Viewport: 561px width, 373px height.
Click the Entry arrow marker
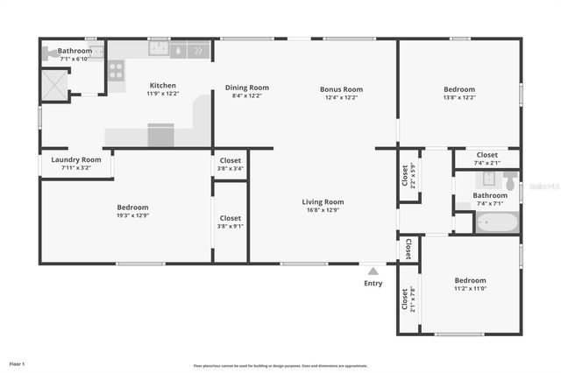coord(373,271)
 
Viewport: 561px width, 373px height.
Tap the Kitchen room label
coord(162,86)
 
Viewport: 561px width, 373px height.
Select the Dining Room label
coord(247,88)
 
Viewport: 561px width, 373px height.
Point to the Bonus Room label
coord(343,89)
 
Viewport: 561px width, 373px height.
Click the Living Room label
coord(323,201)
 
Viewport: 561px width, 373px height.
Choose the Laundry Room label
coord(76,159)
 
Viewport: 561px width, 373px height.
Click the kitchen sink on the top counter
coord(159,50)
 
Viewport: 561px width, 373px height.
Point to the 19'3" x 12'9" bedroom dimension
coord(133,215)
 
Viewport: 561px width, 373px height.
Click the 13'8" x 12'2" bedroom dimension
coord(458,97)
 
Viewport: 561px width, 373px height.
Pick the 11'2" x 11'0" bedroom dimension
coord(470,288)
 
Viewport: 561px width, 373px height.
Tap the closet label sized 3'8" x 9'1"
coord(231,226)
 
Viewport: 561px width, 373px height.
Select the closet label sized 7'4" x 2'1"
coord(486,163)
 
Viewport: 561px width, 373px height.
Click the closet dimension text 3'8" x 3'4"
coord(231,169)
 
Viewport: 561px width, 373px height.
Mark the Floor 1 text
coord(18,362)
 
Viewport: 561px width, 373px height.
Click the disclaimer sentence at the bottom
coord(280,366)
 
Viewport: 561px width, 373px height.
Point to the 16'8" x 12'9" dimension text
coord(323,210)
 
